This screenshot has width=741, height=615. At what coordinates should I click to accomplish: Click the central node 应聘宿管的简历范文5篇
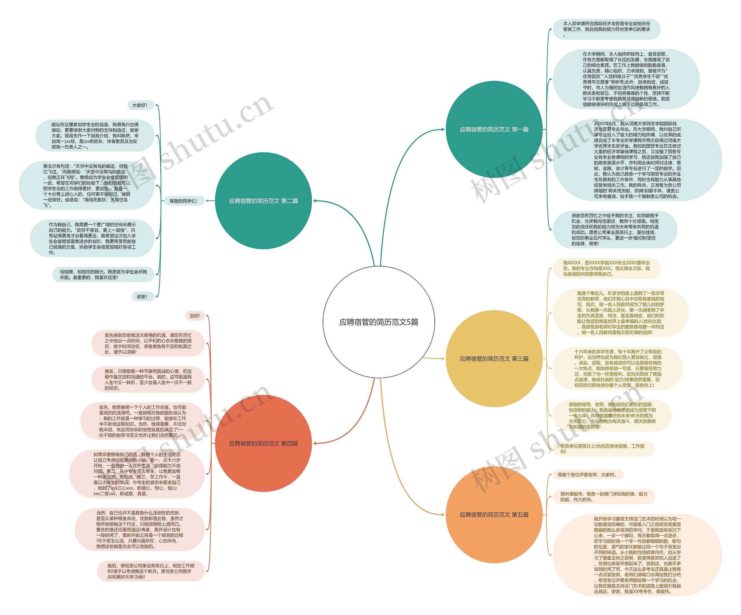(x=379, y=322)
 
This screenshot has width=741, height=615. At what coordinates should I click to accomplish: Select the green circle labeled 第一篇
(x=494, y=129)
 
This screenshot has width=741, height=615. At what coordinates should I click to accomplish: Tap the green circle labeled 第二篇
(x=263, y=200)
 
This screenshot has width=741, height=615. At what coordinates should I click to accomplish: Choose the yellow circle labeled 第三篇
(x=494, y=358)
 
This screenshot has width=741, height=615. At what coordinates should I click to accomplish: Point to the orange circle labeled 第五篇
(x=494, y=514)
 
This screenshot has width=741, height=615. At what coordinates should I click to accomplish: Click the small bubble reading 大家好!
(x=140, y=105)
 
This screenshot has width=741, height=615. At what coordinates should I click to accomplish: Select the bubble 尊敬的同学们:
(x=184, y=201)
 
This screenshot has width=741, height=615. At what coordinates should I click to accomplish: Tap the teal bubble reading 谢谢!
(x=142, y=297)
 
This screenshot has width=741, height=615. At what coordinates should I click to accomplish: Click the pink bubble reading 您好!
(x=195, y=316)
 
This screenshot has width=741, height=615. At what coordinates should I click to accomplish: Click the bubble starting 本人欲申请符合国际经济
(x=606, y=29)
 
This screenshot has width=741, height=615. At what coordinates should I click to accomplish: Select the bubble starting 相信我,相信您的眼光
(x=103, y=274)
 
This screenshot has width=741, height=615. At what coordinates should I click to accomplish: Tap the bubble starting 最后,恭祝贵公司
(x=151, y=571)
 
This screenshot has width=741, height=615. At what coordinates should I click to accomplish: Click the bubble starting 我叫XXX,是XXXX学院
(x=606, y=268)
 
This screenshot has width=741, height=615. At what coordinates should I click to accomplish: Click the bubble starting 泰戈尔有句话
(x=87, y=185)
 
